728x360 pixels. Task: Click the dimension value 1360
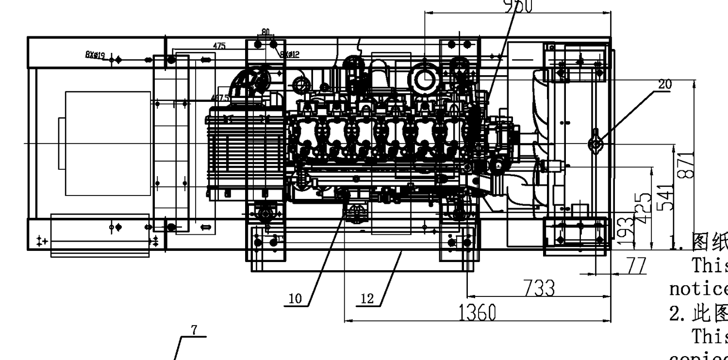[478, 313]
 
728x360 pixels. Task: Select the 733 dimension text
[539, 288]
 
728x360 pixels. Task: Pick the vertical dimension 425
[644, 208]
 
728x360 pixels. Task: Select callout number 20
[665, 84]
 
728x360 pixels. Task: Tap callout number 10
[295, 299]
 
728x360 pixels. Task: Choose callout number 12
[367, 299]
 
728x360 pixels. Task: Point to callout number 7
[194, 330]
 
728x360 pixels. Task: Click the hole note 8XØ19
[95, 55]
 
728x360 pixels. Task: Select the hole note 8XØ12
[289, 54]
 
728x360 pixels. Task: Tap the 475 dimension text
[219, 46]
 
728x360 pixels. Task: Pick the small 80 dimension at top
[265, 32]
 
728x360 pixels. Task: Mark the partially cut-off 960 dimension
[518, 6]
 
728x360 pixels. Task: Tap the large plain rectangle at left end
[108, 143]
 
